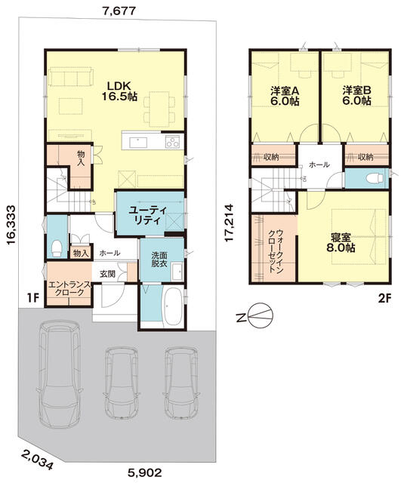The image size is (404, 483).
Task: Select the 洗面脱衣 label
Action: [159, 260]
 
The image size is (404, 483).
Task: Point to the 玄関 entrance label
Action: [107, 274]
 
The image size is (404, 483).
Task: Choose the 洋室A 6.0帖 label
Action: [285, 96]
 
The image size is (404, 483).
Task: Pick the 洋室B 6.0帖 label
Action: [356, 96]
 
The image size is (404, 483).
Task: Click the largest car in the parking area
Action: [59, 374]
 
